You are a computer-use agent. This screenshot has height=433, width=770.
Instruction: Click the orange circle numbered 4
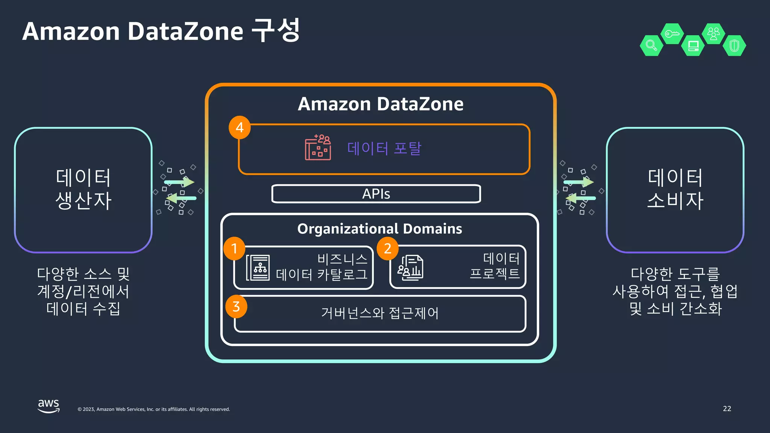[x=239, y=127]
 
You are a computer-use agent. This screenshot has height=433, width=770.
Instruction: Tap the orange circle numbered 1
[x=234, y=248]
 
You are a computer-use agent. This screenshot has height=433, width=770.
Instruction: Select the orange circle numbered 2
[x=388, y=248]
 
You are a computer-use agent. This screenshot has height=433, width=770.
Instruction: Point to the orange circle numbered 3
[x=236, y=307]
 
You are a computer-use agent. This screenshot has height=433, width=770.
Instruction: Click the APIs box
[x=376, y=194]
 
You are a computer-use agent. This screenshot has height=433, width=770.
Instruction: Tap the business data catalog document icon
[x=258, y=268]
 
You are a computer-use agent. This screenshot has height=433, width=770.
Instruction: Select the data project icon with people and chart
[x=411, y=268]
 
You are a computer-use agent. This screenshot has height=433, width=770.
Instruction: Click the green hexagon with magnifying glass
[x=651, y=45]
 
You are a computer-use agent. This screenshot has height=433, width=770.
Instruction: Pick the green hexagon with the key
[x=672, y=34]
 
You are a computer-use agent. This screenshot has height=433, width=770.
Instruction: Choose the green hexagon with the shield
[x=734, y=45]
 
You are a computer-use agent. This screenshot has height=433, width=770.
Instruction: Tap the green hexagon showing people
[x=713, y=34]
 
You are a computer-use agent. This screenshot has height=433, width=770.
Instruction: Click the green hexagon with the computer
[x=693, y=45]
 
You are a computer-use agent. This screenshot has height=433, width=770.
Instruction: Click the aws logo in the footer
[x=49, y=406]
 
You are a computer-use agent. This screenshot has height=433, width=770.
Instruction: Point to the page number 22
[x=727, y=409]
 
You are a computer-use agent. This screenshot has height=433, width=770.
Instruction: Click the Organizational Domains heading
[x=380, y=229]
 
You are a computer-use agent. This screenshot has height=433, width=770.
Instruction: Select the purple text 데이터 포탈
[x=384, y=148]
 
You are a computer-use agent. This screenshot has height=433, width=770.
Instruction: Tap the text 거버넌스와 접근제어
[x=380, y=313]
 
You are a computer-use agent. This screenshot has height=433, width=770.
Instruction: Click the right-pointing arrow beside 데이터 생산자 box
[x=179, y=182]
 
